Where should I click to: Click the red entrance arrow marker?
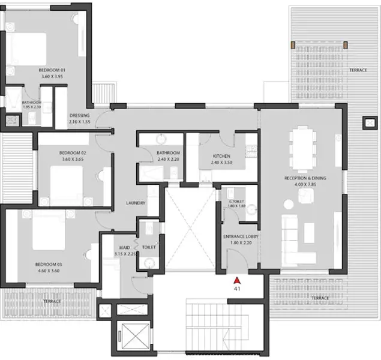click(237, 280)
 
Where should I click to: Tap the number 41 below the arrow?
click(237, 288)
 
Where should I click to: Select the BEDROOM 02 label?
click(72, 153)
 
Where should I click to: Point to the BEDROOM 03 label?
click(47, 264)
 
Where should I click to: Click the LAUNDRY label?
click(136, 203)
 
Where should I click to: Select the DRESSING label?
click(79, 115)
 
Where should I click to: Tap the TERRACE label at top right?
click(358, 70)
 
